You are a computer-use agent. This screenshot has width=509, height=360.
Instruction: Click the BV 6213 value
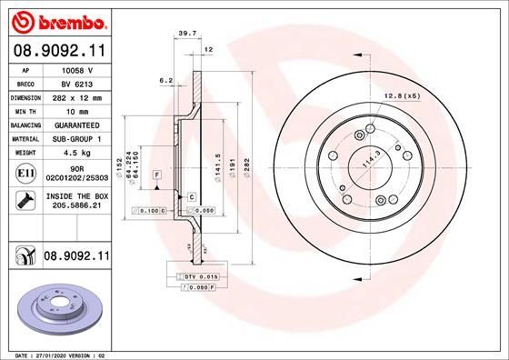(77, 82)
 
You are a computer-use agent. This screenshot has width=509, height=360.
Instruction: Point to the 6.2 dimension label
(165, 81)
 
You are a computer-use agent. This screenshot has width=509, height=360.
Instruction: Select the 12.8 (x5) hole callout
(401, 95)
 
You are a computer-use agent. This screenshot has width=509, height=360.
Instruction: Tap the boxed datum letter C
(192, 196)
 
